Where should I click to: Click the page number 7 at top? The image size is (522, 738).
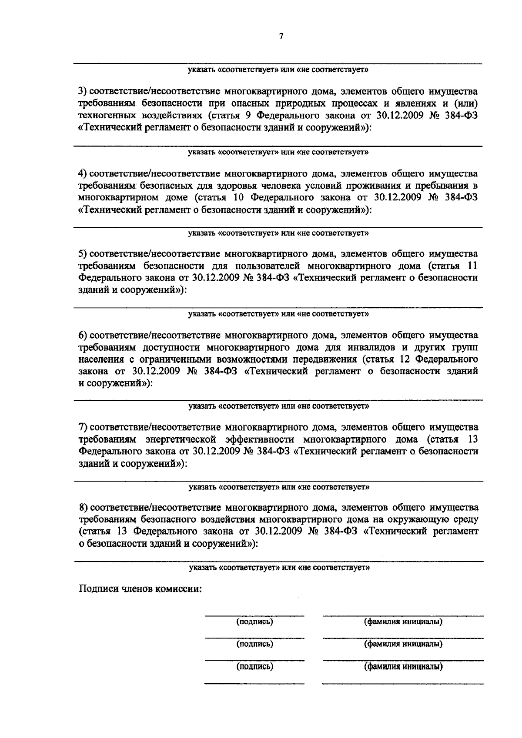pos(281,37)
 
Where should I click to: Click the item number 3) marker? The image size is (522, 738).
pos(83,92)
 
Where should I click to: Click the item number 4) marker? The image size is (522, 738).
pos(83,174)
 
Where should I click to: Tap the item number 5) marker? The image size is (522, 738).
pos(83,254)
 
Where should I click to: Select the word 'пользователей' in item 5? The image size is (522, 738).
pos(269,266)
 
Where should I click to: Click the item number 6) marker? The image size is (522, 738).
pos(83,335)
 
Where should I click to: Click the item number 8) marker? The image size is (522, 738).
pos(83,508)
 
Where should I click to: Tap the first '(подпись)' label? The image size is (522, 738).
pos(254,622)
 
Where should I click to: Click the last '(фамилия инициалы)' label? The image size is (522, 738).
pos(403,666)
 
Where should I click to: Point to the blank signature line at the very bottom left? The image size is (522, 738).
pos(254,684)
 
